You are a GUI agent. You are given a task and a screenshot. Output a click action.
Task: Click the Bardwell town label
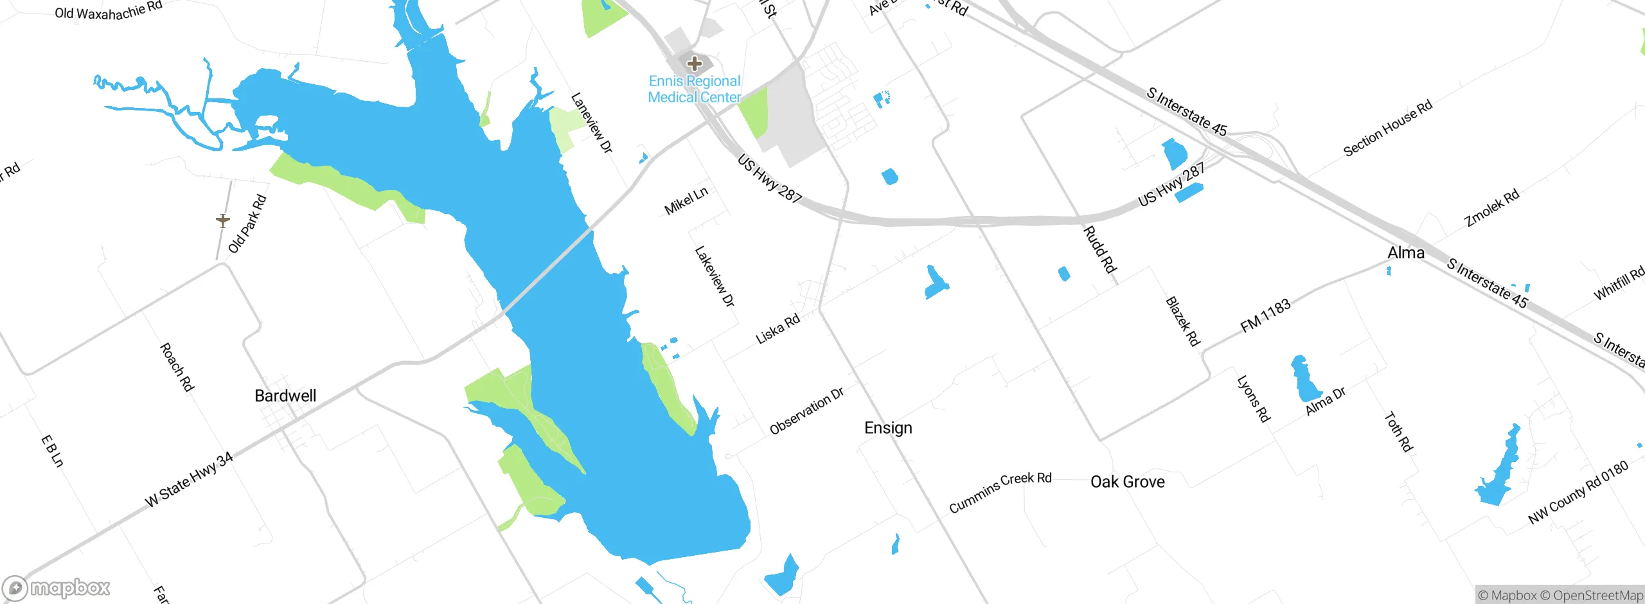(x=285, y=396)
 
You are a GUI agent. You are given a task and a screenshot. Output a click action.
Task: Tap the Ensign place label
(x=888, y=428)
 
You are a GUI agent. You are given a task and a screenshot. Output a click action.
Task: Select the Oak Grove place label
(x=1127, y=482)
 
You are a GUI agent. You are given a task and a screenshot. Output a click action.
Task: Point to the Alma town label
(x=1406, y=253)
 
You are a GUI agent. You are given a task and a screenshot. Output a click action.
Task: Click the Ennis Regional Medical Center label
(x=694, y=89)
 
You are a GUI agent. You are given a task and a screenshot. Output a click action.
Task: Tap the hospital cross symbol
(x=694, y=64)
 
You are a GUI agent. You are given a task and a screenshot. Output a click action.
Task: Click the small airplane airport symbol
(x=223, y=221)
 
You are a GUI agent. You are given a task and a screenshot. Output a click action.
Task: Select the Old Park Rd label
(x=247, y=224)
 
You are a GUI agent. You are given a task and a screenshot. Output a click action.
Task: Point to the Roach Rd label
(x=177, y=367)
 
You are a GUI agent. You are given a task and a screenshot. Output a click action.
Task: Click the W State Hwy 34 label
(x=189, y=480)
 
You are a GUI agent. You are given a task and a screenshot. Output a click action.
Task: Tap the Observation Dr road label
(x=806, y=411)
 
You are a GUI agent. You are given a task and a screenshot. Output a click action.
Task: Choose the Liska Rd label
(x=778, y=328)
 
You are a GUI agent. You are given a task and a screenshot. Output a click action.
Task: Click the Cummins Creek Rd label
(x=1000, y=492)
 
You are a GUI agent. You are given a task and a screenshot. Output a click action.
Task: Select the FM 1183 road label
(x=1265, y=315)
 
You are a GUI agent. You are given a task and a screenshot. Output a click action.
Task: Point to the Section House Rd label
(x=1388, y=128)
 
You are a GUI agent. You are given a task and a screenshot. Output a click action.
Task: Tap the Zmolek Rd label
(x=1491, y=208)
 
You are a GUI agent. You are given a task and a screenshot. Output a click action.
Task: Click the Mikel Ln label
(x=686, y=201)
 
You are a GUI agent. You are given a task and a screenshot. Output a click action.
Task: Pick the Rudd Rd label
(x=1100, y=249)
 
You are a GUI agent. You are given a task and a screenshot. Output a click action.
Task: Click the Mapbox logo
(x=57, y=588)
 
